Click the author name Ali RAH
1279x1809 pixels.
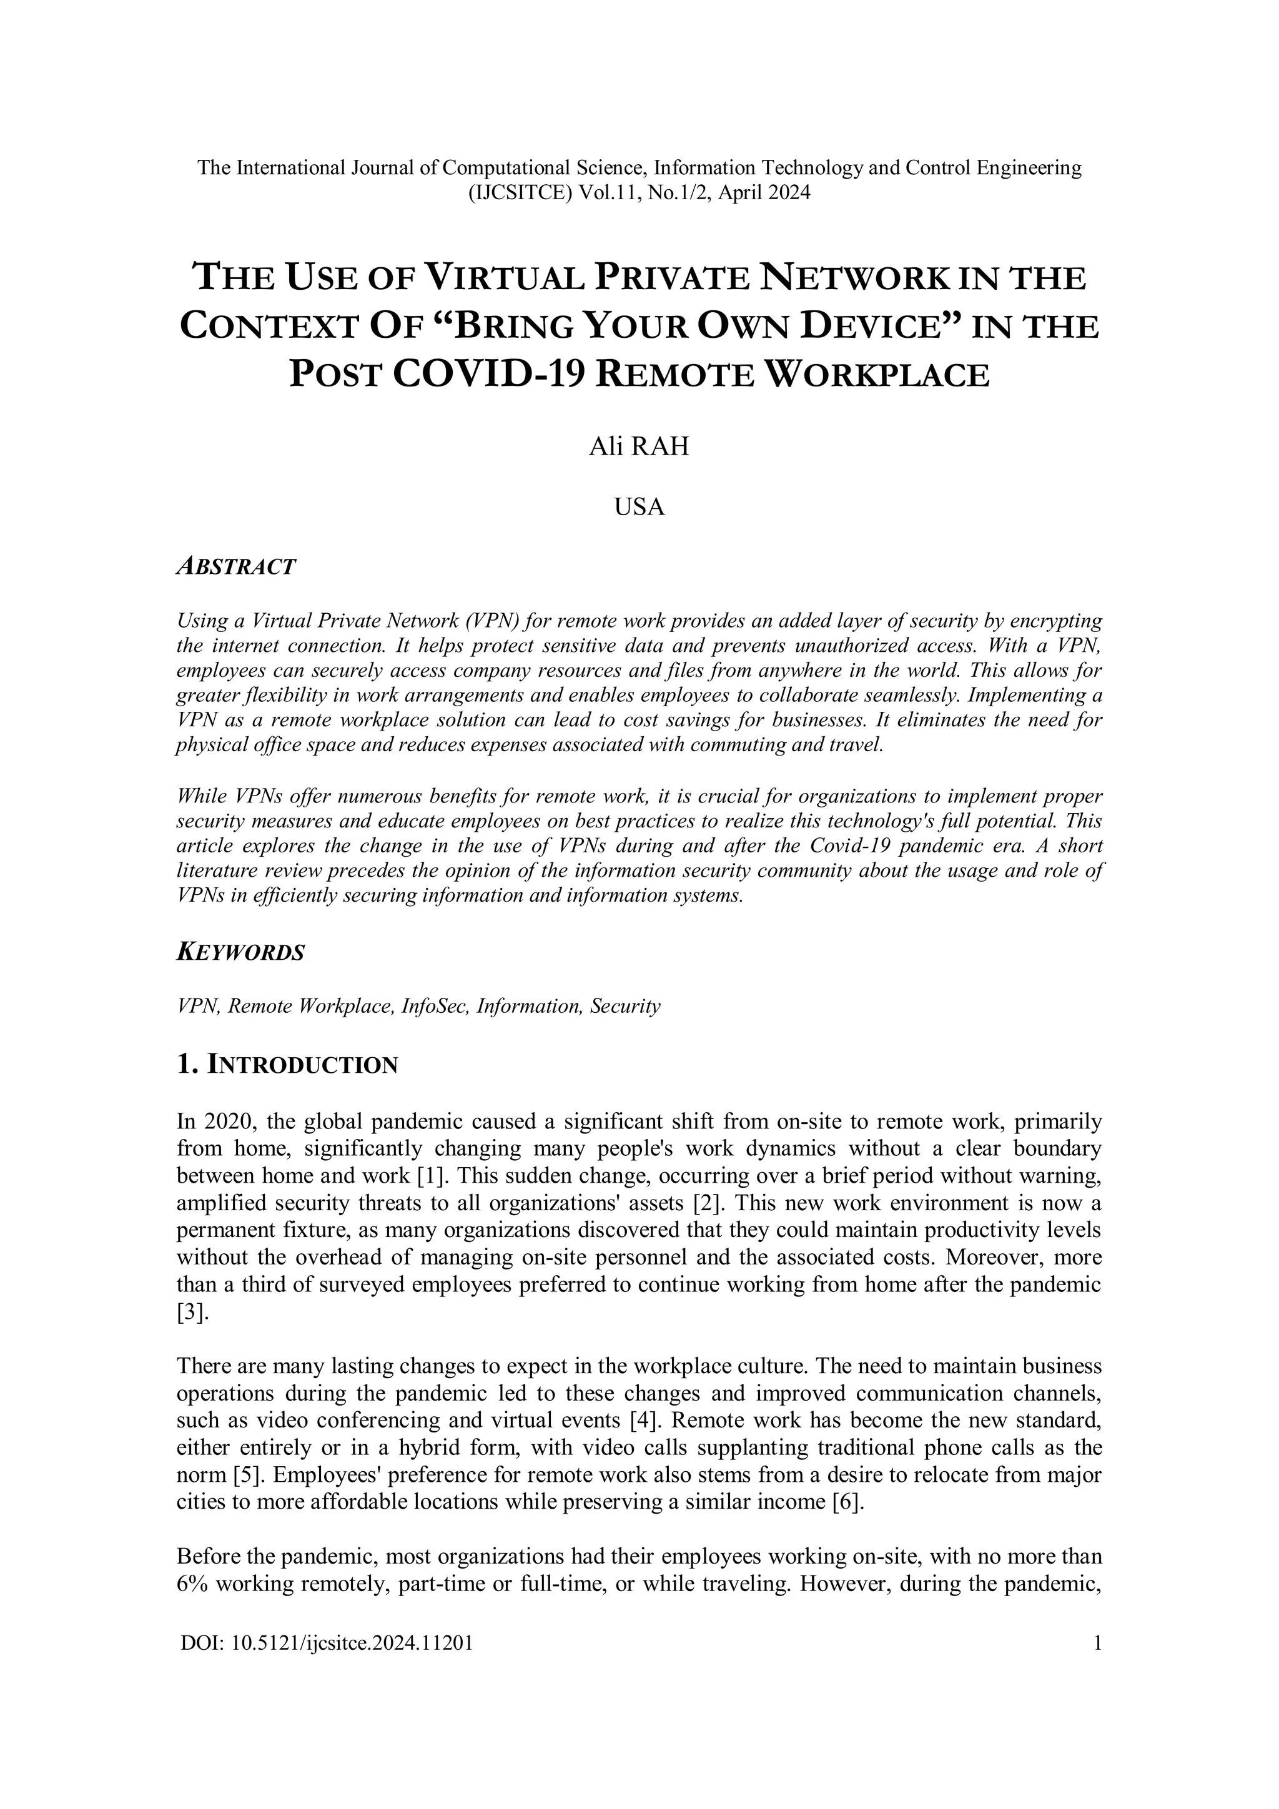tap(638, 446)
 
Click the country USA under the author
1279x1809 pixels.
tap(639, 506)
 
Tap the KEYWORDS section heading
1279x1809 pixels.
tap(240, 952)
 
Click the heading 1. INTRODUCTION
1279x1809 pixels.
tap(288, 1065)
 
